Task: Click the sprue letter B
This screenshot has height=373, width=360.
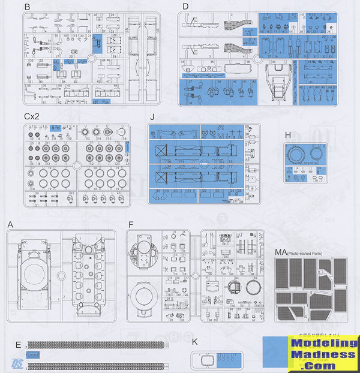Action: tap(27, 7)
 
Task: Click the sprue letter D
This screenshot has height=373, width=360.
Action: tap(185, 7)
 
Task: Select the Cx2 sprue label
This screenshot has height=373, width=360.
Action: tap(32, 117)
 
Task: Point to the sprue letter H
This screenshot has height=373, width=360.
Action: tap(288, 135)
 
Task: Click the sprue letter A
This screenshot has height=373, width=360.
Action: tap(10, 224)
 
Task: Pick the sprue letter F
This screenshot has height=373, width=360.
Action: tap(130, 224)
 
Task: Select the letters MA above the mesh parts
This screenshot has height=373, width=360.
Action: tap(281, 252)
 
